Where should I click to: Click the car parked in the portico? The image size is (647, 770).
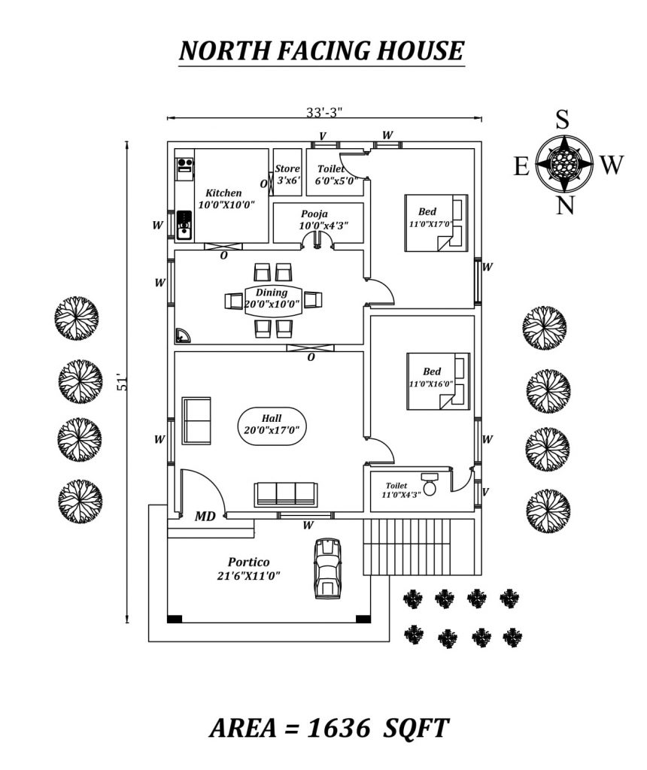pyautogui.click(x=327, y=568)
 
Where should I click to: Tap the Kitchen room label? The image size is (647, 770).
pyautogui.click(x=223, y=193)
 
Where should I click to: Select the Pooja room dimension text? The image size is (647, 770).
pyautogui.click(x=324, y=225)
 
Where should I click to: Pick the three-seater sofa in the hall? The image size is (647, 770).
pyautogui.click(x=285, y=494)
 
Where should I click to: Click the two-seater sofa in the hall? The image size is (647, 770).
pyautogui.click(x=196, y=420)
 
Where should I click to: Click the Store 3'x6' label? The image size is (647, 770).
pyautogui.click(x=287, y=175)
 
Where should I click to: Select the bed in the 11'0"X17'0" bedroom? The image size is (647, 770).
pyautogui.click(x=436, y=223)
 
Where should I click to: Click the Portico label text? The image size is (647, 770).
pyautogui.click(x=248, y=562)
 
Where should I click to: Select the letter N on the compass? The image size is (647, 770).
pyautogui.click(x=566, y=204)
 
